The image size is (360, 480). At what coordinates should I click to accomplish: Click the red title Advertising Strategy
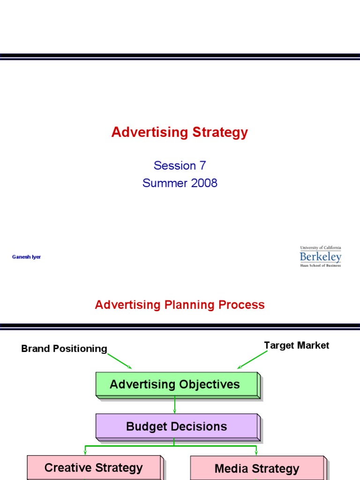(x=180, y=133)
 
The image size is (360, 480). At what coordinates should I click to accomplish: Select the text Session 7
(x=180, y=165)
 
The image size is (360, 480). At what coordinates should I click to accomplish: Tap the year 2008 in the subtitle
(x=204, y=183)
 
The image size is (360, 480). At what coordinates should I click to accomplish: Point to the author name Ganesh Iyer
(x=26, y=257)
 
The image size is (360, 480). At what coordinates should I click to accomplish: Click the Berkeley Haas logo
(x=321, y=256)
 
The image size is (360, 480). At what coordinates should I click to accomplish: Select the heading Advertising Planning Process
(x=180, y=305)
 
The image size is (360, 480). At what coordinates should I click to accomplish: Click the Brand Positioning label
(x=64, y=349)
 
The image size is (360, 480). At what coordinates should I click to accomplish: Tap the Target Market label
(x=296, y=345)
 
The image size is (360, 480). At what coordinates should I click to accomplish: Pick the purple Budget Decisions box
(x=177, y=427)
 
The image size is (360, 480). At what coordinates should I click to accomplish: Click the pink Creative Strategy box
(x=94, y=467)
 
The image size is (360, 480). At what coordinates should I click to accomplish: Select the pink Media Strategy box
(x=256, y=468)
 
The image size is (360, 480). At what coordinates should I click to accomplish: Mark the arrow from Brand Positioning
(x=120, y=361)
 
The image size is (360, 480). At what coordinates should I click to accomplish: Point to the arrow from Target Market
(x=252, y=360)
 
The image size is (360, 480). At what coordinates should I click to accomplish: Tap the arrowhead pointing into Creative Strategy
(x=85, y=452)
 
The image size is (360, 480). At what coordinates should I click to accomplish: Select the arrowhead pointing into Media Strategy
(x=256, y=452)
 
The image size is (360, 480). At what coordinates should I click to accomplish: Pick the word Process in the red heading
(x=243, y=305)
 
